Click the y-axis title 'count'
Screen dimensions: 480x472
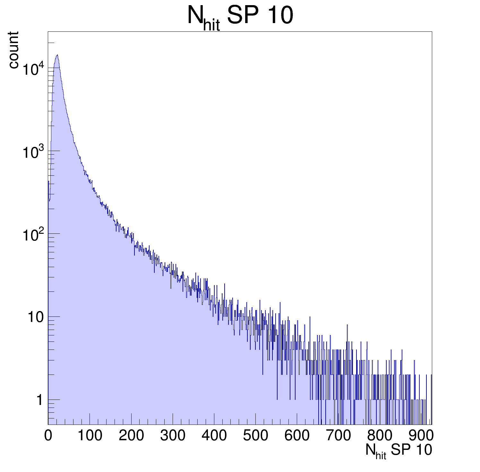(x=13, y=50)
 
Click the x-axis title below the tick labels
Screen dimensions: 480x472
(x=399, y=451)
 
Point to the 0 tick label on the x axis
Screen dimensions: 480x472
(x=48, y=435)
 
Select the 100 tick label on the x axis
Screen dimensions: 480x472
(x=90, y=435)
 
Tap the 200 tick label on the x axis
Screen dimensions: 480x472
(x=131, y=435)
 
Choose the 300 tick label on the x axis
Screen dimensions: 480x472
(x=173, y=435)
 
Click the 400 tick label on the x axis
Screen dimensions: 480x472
(x=214, y=435)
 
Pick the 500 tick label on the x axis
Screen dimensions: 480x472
(x=255, y=435)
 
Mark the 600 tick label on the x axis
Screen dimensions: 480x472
(x=297, y=435)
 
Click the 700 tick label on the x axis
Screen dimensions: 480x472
(x=339, y=435)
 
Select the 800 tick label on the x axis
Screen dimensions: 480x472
(x=380, y=435)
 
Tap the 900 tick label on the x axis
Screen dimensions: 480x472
(x=421, y=435)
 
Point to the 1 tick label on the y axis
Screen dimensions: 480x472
(x=39, y=400)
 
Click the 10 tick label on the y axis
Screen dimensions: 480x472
(x=35, y=317)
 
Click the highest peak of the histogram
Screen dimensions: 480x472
(x=57, y=55)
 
